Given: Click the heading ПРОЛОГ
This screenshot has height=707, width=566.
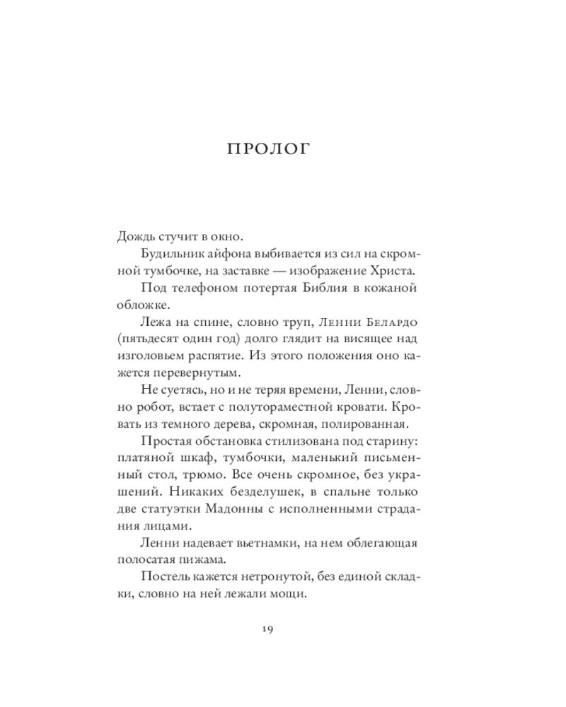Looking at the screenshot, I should tap(282, 150).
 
